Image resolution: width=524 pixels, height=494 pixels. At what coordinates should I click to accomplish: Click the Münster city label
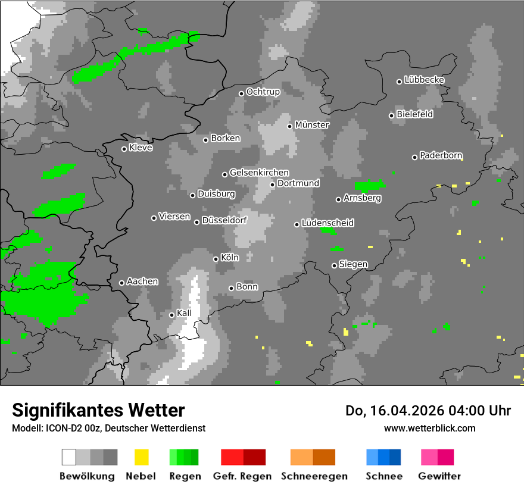coord(312,125)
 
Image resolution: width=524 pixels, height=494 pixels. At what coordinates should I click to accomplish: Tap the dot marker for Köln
coord(216,259)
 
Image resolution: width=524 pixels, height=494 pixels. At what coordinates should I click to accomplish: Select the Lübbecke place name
coord(424,80)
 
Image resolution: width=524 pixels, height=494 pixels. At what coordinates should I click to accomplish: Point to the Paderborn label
coord(441,156)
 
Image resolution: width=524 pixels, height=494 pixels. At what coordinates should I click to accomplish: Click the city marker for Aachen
coord(122,283)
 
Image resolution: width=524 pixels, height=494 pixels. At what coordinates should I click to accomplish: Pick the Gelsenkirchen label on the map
coord(259,173)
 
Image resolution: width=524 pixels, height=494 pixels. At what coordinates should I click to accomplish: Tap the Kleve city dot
coord(124,149)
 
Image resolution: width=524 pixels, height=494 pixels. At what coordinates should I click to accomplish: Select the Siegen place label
coord(353,264)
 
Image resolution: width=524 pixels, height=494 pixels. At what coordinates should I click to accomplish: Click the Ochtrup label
coord(263,92)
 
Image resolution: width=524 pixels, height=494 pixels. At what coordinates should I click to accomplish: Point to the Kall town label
coord(184,314)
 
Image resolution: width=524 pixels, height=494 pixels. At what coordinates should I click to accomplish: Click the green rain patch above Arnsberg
coord(370,185)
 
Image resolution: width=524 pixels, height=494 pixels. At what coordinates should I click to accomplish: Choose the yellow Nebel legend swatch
coord(141,457)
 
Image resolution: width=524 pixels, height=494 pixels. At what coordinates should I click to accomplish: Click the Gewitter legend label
coord(439,476)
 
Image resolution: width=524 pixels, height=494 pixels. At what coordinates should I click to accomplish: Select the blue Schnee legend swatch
coord(383,457)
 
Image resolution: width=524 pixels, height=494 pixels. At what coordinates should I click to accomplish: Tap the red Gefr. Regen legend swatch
coord(243,457)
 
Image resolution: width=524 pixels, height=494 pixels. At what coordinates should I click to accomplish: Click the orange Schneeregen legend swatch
coord(313,457)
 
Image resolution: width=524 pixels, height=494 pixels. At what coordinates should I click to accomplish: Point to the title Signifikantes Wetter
coord(98,410)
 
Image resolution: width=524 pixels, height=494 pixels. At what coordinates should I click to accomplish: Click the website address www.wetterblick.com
coord(429,428)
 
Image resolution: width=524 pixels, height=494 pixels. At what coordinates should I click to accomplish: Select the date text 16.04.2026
coord(398,411)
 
